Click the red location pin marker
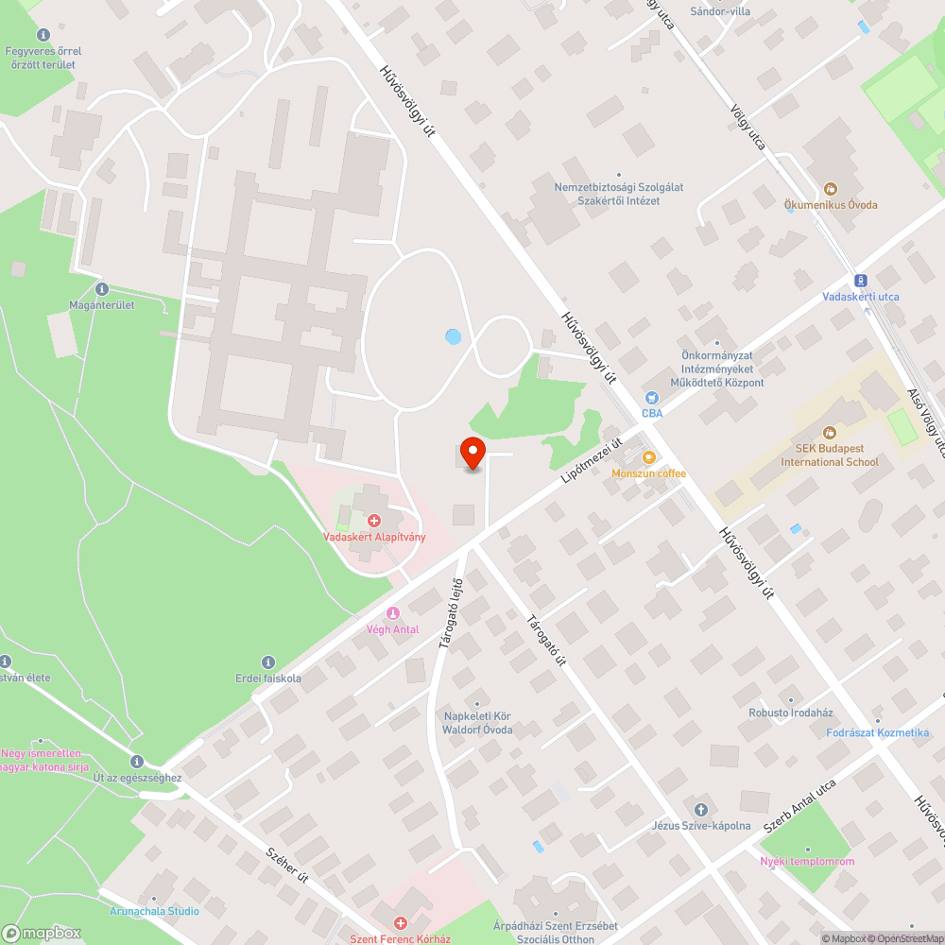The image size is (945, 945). coord(472,453)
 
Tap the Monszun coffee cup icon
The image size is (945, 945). coord(648,457)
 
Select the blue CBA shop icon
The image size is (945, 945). coord(651,398)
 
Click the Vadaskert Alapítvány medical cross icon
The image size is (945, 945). coord(374,521)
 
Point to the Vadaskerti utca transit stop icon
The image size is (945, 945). coord(860,281)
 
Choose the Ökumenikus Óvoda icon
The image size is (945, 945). coord(831,189)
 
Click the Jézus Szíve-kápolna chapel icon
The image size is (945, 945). coord(700,809)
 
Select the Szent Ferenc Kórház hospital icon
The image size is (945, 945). coord(400,922)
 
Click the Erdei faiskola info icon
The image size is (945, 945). coord(267,662)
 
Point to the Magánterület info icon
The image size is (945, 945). coord(102,289)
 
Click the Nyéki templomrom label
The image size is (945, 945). coord(807,861)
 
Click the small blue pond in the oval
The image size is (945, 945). coord(453,335)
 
